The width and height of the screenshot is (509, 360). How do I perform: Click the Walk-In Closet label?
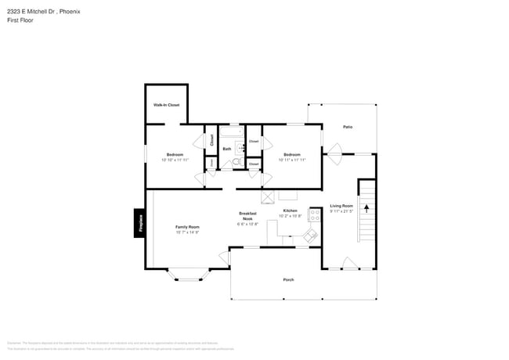166,104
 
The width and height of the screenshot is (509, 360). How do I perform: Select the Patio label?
348,127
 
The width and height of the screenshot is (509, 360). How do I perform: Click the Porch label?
288,279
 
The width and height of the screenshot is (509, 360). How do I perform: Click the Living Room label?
341,206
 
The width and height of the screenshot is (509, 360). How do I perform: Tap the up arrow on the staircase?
366,209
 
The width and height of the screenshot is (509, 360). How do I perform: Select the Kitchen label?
290,211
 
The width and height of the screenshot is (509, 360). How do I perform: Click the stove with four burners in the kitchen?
315,214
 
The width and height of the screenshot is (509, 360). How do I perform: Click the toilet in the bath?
226,164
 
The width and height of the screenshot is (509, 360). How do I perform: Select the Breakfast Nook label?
247,216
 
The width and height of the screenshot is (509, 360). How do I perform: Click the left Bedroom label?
175,154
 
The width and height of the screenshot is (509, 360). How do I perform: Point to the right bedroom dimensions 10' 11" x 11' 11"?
292,160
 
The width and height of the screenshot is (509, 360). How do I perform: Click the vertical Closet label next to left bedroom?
211,141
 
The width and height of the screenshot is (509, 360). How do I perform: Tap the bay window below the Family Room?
187,273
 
